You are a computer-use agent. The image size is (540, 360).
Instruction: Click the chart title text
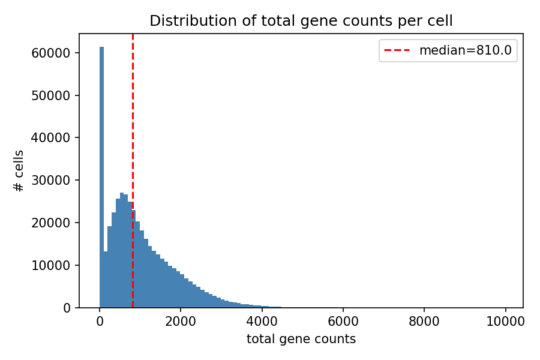click(301, 21)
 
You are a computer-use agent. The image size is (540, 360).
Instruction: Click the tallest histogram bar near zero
click(101, 180)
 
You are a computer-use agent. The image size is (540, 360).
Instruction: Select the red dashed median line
click(133, 120)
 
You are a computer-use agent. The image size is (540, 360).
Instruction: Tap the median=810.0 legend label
click(465, 51)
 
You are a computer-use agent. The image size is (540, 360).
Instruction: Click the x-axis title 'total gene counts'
click(301, 339)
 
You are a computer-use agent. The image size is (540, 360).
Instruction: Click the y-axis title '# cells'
click(19, 171)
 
